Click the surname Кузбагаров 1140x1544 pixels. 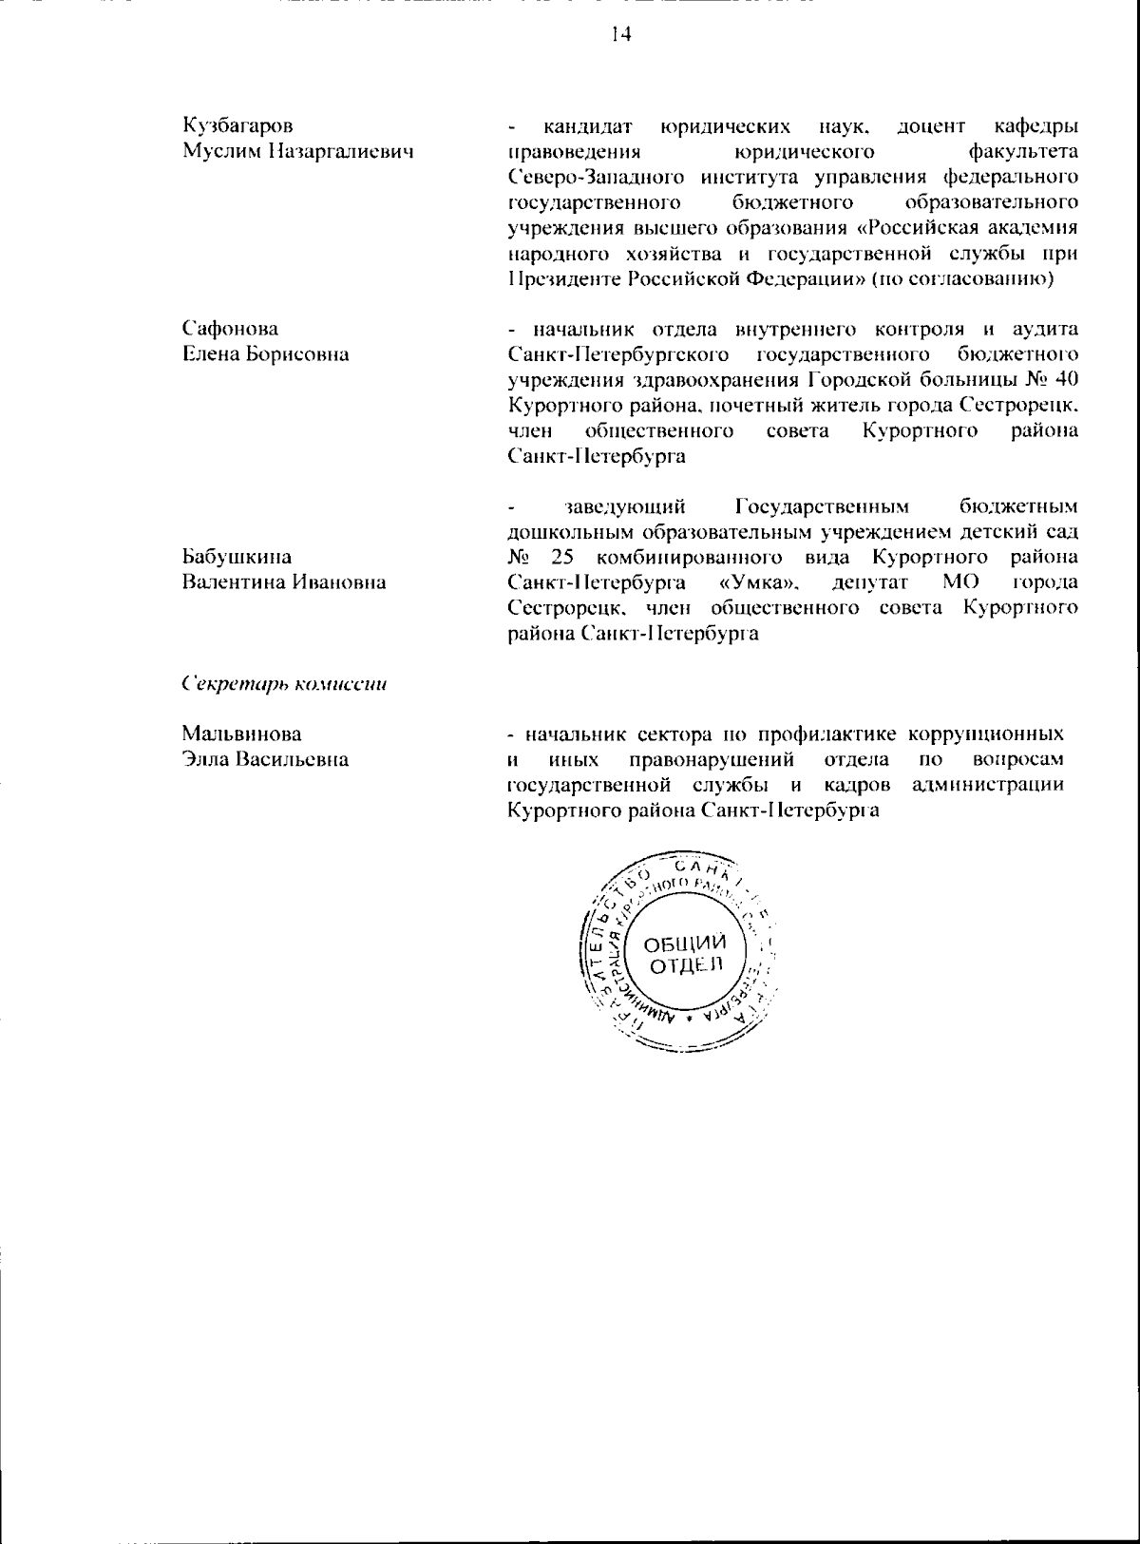(x=237, y=125)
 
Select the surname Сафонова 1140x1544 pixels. (x=230, y=329)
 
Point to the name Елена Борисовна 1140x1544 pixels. (x=265, y=354)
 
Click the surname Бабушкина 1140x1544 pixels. (x=237, y=557)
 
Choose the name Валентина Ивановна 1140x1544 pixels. (x=283, y=582)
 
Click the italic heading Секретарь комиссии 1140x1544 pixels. (x=284, y=684)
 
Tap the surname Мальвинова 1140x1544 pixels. (x=241, y=734)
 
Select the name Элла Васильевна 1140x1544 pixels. (x=265, y=759)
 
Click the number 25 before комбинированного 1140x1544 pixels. (x=560, y=557)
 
